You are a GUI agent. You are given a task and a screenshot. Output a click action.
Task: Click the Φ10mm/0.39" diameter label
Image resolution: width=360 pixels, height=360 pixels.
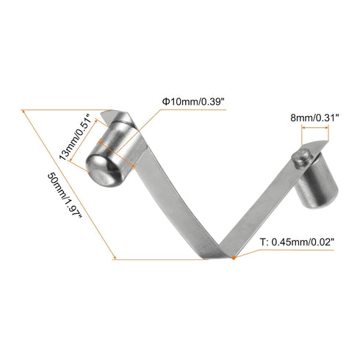point(193,101)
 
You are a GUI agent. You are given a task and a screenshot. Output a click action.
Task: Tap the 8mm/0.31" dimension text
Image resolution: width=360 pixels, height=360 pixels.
point(314,118)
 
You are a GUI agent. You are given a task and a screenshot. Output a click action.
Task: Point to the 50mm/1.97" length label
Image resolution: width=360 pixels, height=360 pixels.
point(64,196)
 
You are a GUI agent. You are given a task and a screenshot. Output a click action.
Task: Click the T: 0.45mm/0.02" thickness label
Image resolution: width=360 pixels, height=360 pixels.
point(297,242)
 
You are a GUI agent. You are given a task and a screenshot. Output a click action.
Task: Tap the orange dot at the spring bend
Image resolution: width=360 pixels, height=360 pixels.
point(234,257)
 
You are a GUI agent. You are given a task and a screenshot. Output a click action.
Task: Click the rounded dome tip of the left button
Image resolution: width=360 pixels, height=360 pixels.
point(101,173)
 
